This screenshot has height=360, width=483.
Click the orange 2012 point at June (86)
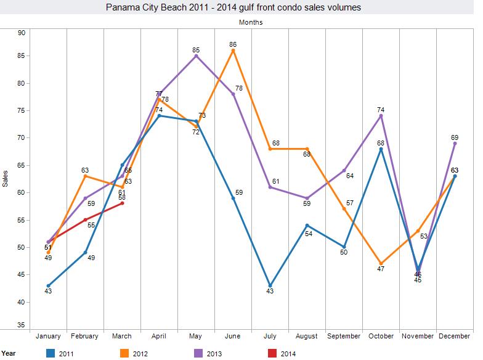(x=233, y=51)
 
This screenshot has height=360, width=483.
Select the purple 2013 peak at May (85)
(x=196, y=56)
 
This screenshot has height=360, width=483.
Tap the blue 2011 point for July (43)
(x=270, y=285)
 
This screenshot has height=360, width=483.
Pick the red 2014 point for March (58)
(x=122, y=203)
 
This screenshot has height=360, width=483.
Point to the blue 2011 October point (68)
(x=381, y=149)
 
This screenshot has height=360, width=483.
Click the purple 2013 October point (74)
(x=381, y=116)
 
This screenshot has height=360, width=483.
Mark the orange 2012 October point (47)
(x=381, y=263)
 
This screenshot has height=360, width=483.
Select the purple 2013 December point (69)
(x=455, y=143)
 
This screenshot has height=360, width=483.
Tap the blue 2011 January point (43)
(x=48, y=285)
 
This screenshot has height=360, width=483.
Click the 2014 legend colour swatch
(x=269, y=353)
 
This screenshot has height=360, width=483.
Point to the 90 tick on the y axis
(x=21, y=33)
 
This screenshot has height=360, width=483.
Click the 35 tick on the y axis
(x=21, y=325)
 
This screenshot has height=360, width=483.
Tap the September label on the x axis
(x=344, y=336)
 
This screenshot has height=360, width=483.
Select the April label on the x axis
(x=159, y=336)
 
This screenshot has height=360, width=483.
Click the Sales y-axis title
(x=6, y=179)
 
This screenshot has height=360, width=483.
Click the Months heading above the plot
(x=251, y=22)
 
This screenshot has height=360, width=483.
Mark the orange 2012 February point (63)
(x=85, y=176)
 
